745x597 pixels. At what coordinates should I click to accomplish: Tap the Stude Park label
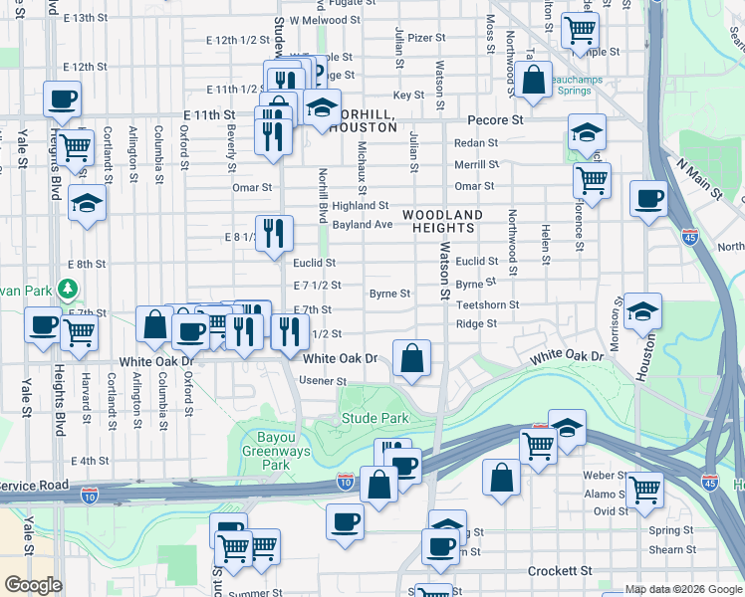click(375, 419)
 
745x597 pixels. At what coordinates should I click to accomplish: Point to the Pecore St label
click(503, 119)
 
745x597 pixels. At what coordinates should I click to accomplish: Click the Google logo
click(34, 585)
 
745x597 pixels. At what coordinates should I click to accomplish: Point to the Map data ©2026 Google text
click(683, 590)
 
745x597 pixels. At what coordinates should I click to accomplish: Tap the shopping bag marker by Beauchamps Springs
click(534, 80)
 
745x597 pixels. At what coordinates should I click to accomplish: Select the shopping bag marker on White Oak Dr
click(411, 357)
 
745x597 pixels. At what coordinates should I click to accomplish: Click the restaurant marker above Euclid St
click(274, 234)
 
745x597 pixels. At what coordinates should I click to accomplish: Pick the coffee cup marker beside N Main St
click(649, 198)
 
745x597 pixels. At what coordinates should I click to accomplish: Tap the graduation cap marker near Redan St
click(587, 131)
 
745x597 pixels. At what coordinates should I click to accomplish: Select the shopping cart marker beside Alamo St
click(643, 489)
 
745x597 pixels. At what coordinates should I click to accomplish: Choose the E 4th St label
click(90, 461)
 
